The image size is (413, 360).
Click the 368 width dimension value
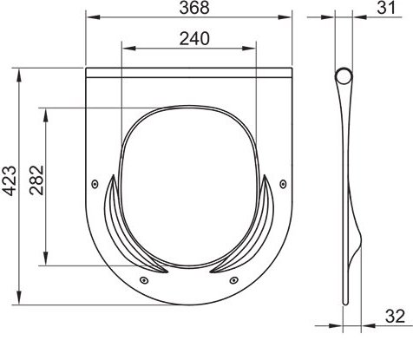pos(194,8)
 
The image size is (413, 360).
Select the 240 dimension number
pos(194,39)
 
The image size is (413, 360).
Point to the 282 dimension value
pos(36,180)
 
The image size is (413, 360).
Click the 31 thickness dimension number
pos(385,8)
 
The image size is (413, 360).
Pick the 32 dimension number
pos(395,316)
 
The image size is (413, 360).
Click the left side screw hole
pos(95,184)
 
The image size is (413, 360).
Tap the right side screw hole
pos(283,184)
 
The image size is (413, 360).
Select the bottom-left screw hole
pos(144,280)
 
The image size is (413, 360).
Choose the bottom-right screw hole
pos(233,280)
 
